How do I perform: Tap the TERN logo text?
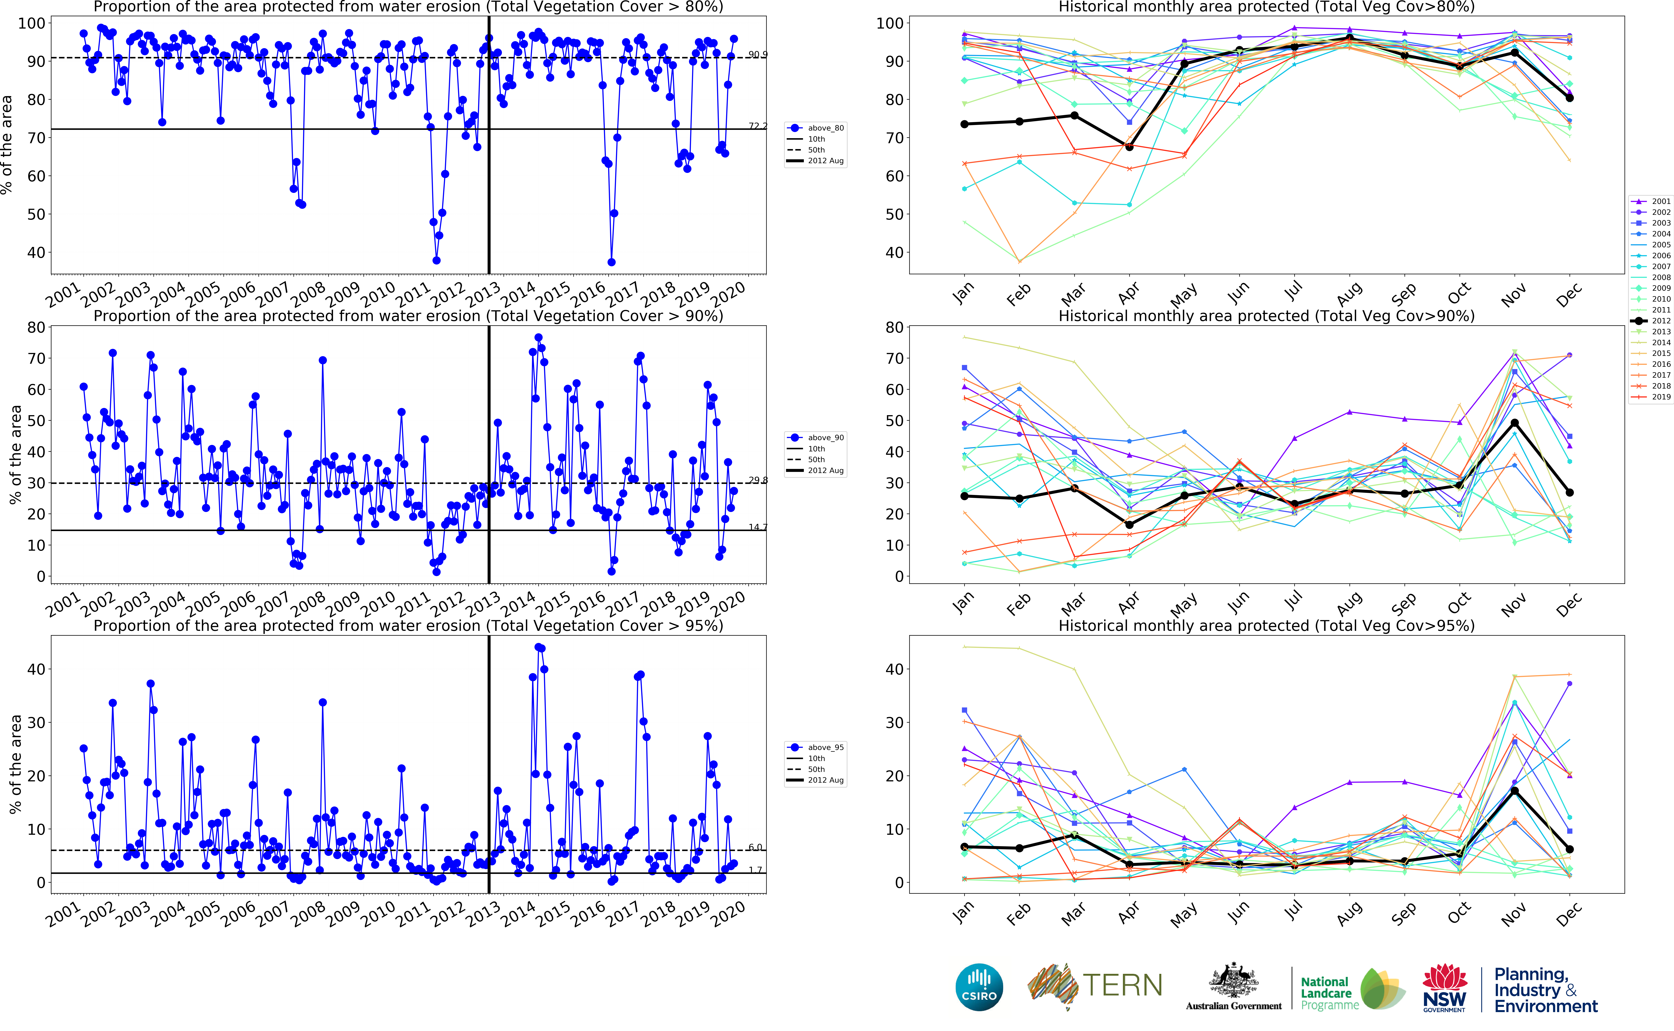point(1122,985)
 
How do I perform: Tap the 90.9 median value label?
point(757,55)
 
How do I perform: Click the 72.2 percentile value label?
point(757,126)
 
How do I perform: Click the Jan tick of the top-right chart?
point(963,293)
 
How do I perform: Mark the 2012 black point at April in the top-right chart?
point(1129,147)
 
